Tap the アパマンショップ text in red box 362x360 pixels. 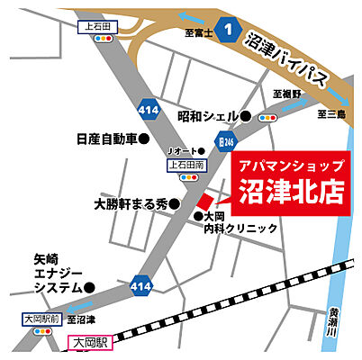[x=288, y=166]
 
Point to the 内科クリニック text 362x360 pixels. [x=240, y=229]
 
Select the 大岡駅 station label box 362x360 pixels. [x=89, y=343]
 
